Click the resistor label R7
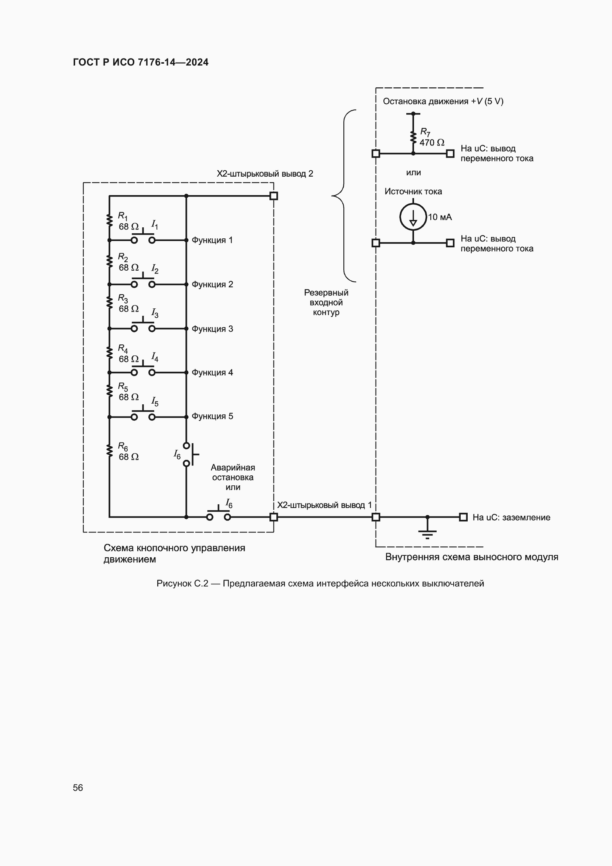pos(425,132)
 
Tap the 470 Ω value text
pos(432,143)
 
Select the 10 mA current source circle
pos(413,217)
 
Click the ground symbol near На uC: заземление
pos(427,532)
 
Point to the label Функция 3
pos(212,329)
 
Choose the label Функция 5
pos(212,417)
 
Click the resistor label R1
pos(123,216)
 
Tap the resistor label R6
pos(123,447)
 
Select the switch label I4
pos(155,357)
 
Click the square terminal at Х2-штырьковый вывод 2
pos(274,196)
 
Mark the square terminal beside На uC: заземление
pos(464,517)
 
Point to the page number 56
pos(78,788)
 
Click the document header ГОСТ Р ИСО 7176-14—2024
pos(141,62)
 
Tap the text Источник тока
pos(413,192)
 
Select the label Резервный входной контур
pos(326,302)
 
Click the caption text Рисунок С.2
pos(182,584)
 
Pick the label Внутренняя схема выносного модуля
pos(471,557)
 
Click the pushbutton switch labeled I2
pos(143,282)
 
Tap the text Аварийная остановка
pos(232,472)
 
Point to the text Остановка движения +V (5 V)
pos(443,101)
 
